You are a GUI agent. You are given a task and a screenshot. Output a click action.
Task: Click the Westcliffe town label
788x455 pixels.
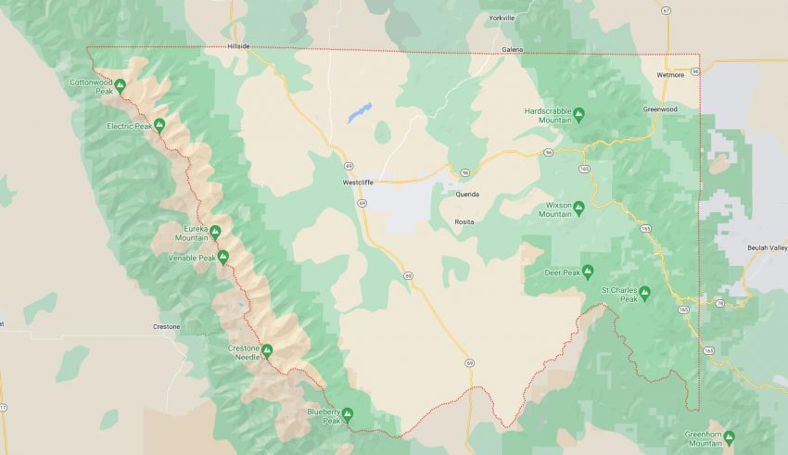click(x=357, y=183)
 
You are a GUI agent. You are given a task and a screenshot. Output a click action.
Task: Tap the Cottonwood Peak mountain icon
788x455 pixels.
click(x=120, y=85)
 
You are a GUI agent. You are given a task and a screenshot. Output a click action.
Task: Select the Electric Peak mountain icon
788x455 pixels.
click(x=159, y=123)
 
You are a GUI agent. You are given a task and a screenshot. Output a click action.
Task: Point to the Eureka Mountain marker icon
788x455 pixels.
click(x=215, y=231)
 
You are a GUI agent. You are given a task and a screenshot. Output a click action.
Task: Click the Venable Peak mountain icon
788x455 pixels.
click(x=223, y=256)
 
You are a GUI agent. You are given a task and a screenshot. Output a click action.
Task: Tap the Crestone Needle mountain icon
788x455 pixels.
click(x=267, y=350)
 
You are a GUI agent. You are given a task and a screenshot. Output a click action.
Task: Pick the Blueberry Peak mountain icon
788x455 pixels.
click(x=348, y=413)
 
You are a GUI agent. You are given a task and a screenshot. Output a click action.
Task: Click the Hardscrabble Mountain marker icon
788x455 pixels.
click(x=578, y=115)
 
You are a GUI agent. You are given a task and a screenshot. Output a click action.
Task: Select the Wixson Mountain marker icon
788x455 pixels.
click(x=578, y=207)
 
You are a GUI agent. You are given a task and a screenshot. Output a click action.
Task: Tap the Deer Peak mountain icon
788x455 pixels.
click(x=588, y=272)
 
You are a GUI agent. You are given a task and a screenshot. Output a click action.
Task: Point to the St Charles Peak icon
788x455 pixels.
click(x=645, y=293)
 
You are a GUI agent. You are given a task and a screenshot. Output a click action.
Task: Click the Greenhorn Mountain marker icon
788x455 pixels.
click(x=729, y=436)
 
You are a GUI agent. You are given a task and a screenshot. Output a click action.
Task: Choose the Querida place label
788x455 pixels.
click(x=467, y=195)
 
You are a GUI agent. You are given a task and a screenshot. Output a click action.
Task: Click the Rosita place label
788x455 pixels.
click(x=464, y=221)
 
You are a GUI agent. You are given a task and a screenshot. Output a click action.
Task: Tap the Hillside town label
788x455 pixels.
click(x=238, y=45)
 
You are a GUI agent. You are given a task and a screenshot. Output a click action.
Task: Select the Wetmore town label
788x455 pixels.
click(x=670, y=74)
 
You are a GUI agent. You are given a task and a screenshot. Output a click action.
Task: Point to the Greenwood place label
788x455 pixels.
click(x=660, y=109)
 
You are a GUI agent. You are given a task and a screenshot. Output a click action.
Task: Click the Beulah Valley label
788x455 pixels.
click(x=767, y=247)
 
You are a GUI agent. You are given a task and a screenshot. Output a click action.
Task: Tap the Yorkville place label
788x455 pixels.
click(x=502, y=18)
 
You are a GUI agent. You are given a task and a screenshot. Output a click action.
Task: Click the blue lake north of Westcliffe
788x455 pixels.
click(x=358, y=113)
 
